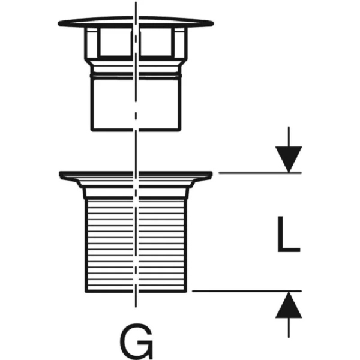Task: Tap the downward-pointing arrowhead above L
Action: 289,159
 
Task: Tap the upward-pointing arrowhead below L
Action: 289,305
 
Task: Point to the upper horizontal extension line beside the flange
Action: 258,173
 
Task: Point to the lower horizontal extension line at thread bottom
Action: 246,291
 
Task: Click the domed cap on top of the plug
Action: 136,23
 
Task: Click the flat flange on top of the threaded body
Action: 136,175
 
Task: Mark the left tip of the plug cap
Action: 60,24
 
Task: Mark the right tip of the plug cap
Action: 213,24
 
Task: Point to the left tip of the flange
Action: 61,175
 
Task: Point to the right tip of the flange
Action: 212,175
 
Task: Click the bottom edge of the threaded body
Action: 136,291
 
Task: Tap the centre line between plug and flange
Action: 137,150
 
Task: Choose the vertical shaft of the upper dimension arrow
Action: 289,136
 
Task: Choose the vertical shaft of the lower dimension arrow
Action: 289,327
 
